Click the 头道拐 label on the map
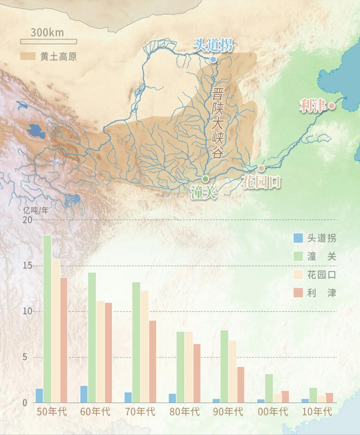tap(213, 45)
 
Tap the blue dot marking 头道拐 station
tap(213, 59)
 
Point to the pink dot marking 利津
tap(332, 105)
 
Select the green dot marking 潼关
tap(205, 178)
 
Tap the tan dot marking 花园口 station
tap(261, 168)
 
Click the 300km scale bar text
tap(47, 32)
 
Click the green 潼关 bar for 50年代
tap(47, 319)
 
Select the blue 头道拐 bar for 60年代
tap(84, 394)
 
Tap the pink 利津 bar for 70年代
tap(152, 361)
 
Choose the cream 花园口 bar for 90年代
tap(232, 371)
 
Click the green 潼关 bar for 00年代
tap(269, 388)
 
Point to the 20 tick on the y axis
tap(28, 219)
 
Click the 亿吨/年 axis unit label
tap(35, 208)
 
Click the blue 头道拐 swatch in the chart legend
tap(298, 238)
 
